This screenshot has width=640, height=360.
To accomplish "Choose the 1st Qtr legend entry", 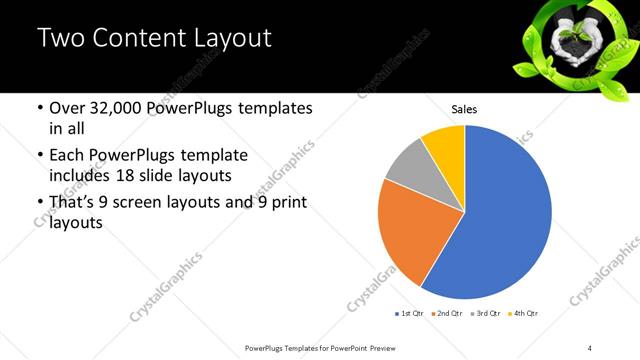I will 410,314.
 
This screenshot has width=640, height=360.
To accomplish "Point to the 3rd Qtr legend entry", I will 484,314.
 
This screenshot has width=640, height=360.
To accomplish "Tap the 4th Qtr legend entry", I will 523,314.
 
